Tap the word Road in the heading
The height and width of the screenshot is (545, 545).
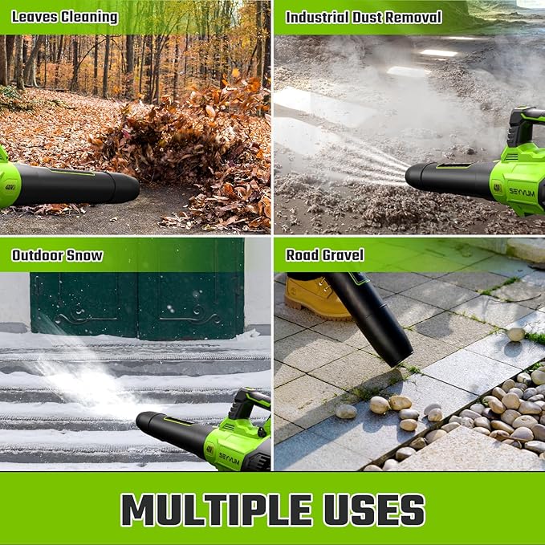tap(302, 255)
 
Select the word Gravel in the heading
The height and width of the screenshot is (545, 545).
tap(343, 255)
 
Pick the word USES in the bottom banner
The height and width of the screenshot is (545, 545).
tap(378, 509)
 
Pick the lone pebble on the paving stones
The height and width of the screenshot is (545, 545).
tap(515, 333)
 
